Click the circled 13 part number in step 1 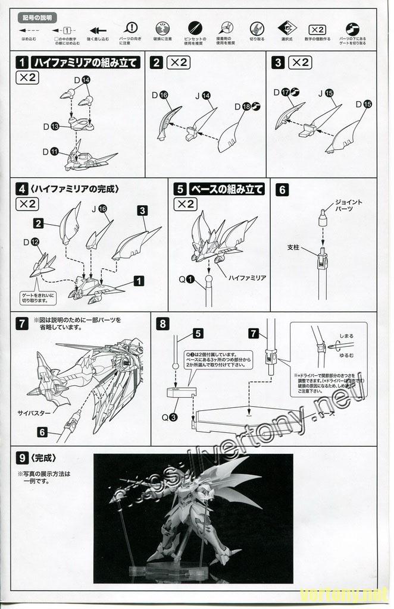point(54,127)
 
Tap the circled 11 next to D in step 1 point(54,152)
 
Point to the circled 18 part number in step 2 point(247,106)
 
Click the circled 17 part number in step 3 point(286,92)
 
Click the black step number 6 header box point(283,190)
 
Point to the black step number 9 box point(23,458)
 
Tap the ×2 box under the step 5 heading point(185,204)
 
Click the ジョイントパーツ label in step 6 point(348,206)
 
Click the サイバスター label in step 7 point(33,412)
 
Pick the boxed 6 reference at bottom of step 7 point(42,432)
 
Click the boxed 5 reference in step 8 point(198,334)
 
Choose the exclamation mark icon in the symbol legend point(132,28)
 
